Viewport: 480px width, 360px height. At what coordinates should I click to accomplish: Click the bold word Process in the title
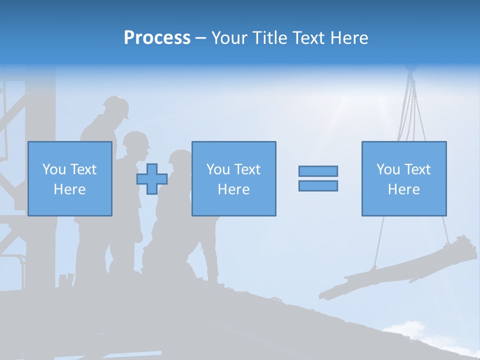157,38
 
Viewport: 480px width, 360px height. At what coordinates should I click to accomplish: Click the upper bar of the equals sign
318,171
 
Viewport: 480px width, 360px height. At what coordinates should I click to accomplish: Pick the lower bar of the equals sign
318,185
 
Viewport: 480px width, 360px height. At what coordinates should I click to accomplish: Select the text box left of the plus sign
69,178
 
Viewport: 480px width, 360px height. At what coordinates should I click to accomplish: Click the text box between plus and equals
233,178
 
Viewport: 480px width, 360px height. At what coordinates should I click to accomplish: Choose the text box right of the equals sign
403,178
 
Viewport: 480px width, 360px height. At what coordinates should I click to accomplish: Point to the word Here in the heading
346,38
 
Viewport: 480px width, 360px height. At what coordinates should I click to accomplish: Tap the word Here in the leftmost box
69,189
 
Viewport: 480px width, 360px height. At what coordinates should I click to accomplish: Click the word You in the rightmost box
388,169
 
